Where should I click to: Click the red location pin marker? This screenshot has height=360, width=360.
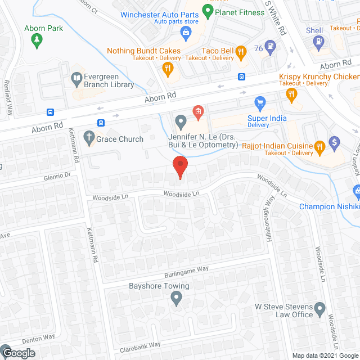point(180,166)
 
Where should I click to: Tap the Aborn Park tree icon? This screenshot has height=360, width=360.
point(38,39)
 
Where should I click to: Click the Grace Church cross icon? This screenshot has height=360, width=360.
point(88,138)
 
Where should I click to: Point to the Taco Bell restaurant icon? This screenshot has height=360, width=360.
point(241,52)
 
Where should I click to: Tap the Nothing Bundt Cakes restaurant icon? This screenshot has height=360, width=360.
point(167,69)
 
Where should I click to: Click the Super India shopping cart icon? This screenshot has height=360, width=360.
point(259,103)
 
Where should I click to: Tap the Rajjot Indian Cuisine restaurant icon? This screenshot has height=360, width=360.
point(319,147)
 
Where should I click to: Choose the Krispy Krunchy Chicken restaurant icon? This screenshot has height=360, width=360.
point(291,95)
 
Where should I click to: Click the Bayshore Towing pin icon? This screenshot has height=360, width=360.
point(176,300)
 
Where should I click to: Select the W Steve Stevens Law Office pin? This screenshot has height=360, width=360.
point(320,308)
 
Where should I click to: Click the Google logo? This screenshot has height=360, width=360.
point(18,353)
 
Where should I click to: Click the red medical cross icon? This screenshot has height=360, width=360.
point(198,111)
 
